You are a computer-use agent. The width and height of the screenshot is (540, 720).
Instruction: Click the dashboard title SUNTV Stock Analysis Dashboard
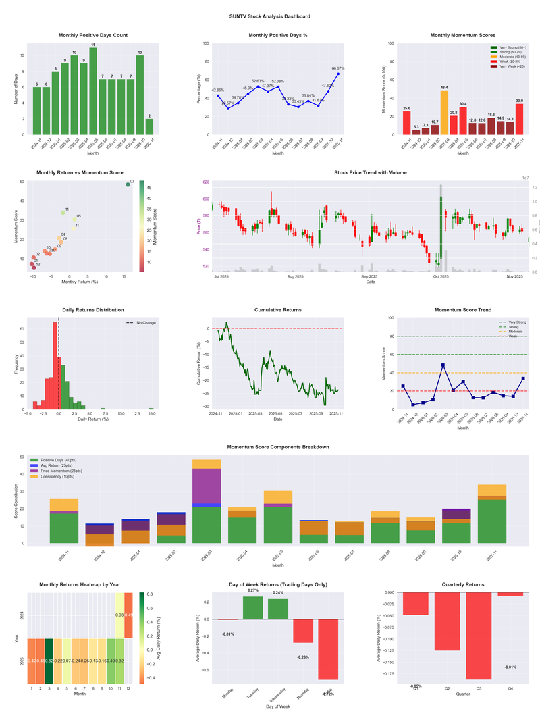click(270, 16)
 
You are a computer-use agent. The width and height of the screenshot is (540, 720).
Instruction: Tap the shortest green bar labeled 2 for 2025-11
click(149, 127)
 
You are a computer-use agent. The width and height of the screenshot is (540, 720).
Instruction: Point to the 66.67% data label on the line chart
click(338, 68)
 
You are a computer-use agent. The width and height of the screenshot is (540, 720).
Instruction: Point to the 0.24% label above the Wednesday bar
click(278, 593)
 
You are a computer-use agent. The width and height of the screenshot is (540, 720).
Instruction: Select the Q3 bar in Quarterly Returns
click(479, 636)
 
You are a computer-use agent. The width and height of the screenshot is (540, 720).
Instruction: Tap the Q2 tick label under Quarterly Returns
click(447, 688)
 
